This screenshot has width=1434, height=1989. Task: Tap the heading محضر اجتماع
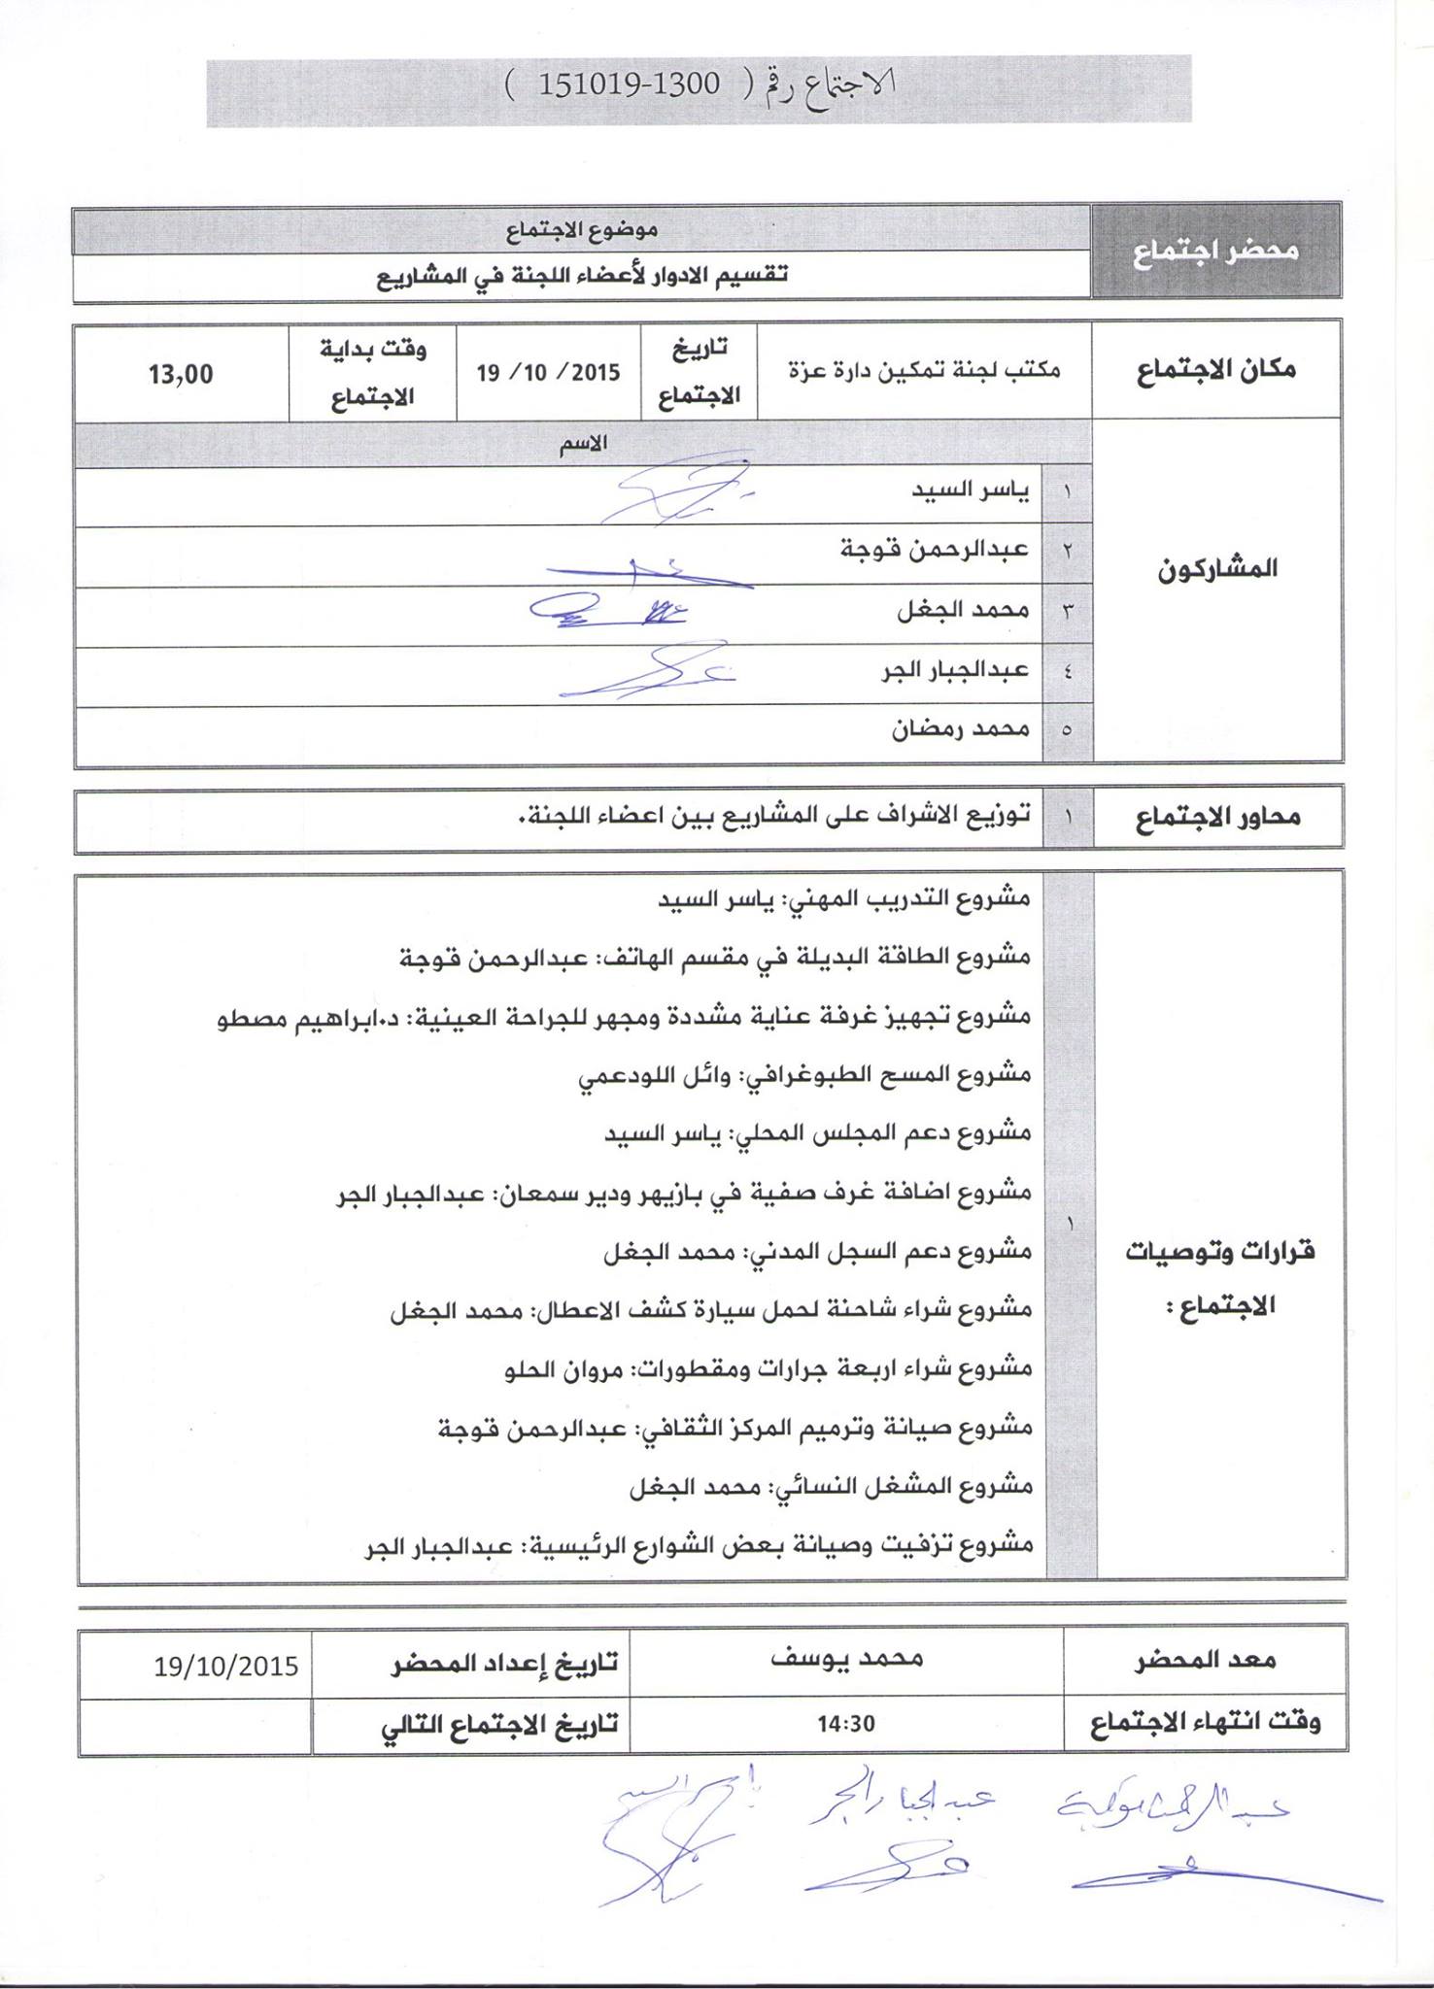click(x=1215, y=251)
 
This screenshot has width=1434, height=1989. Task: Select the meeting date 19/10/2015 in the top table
click(x=548, y=374)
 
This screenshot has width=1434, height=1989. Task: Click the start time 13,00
click(x=181, y=374)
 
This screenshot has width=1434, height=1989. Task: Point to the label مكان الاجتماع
click(x=1215, y=370)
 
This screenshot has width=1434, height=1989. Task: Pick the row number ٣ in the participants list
click(x=1068, y=612)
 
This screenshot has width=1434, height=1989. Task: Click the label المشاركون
click(x=1215, y=569)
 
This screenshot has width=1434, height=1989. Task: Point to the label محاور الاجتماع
click(x=1215, y=818)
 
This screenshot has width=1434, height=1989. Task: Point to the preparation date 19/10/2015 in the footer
click(x=225, y=1668)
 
